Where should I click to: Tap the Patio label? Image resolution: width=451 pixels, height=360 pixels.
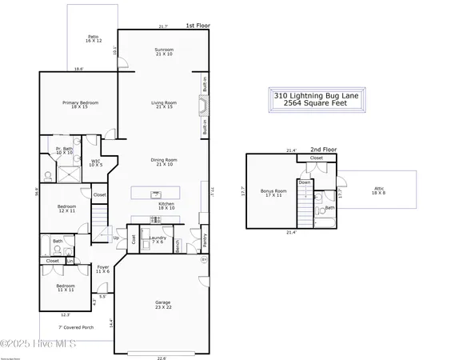94,39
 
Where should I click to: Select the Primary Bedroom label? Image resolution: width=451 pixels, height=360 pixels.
79,104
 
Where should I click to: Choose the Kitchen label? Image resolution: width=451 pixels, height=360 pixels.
166,206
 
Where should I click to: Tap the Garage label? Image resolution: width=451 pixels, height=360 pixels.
163,304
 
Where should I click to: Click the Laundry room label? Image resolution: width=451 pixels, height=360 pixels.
158,239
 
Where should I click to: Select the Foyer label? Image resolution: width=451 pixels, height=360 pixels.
103,269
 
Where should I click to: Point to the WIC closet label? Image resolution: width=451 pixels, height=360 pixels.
97,162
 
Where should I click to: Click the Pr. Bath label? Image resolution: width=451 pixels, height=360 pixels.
64,150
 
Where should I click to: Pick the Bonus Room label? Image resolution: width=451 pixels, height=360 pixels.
273,193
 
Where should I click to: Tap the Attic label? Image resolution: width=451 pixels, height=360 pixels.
378,190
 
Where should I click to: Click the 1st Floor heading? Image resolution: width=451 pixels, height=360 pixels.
197,26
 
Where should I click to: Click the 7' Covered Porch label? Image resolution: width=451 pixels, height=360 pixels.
74,327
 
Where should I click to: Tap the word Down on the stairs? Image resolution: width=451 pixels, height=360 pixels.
305,182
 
